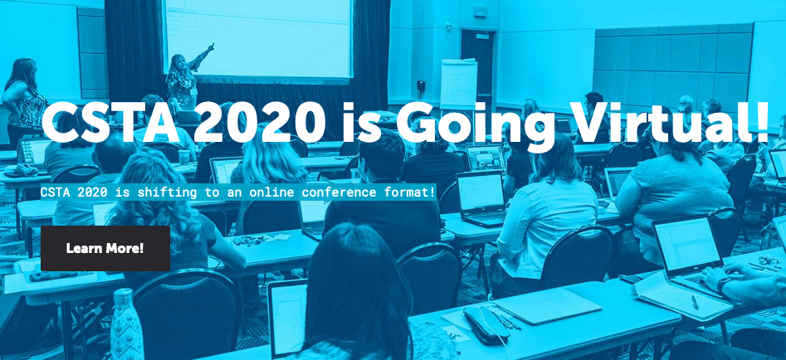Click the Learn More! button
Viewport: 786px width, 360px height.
[105, 248]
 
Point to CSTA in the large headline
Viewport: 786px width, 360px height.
[110, 124]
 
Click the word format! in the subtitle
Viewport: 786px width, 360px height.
[410, 192]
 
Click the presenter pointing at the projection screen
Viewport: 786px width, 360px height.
[185, 80]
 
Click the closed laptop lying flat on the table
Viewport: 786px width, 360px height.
[548, 305]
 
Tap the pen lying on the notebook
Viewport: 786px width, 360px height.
[695, 302]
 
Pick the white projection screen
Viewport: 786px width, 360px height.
[258, 37]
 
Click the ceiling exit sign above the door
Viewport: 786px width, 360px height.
[480, 11]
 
